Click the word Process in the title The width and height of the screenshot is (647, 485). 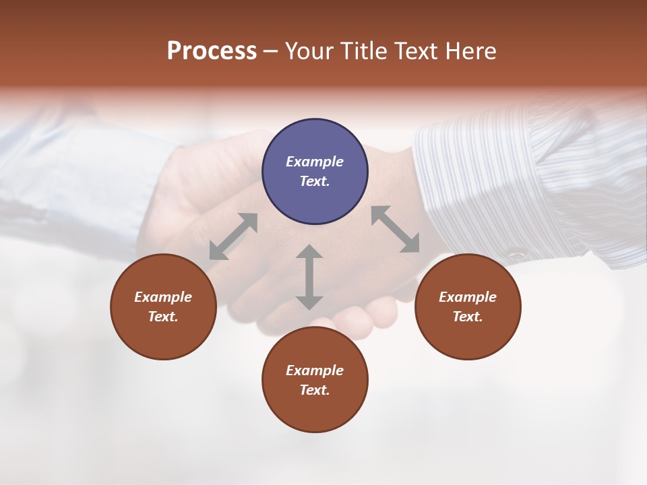click(x=212, y=51)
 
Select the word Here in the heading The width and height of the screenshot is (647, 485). click(x=470, y=51)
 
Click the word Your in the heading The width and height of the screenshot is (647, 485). click(x=309, y=51)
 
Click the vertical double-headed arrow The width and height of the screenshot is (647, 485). click(x=309, y=278)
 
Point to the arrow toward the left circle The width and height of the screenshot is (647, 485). click(x=233, y=236)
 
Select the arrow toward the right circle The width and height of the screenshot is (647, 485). click(x=396, y=230)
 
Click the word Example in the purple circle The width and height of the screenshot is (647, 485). click(x=315, y=162)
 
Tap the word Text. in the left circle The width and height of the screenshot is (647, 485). click(x=163, y=317)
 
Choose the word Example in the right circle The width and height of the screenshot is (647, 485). click(x=468, y=297)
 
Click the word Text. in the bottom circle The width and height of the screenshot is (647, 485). click(x=315, y=390)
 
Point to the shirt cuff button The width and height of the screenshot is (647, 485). click(x=517, y=255)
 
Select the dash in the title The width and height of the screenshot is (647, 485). click(x=271, y=51)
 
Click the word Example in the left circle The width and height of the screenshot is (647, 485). click(x=163, y=297)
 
